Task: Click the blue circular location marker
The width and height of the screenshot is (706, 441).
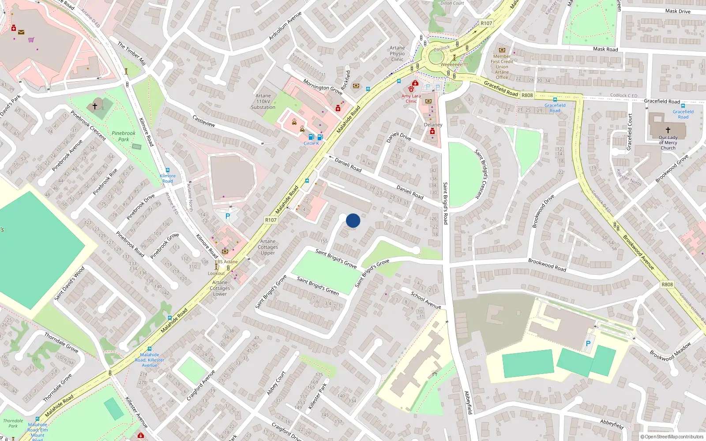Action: pyautogui.click(x=353, y=220)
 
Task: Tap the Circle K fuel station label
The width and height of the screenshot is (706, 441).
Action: pyautogui.click(x=311, y=143)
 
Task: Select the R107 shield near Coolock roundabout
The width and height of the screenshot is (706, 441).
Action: pyautogui.click(x=486, y=23)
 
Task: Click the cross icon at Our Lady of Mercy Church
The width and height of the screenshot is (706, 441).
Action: pyautogui.click(x=668, y=130)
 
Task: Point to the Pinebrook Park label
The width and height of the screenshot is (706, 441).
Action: pyautogui.click(x=124, y=136)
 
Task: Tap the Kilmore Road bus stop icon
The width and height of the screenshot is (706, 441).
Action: pyautogui.click(x=168, y=170)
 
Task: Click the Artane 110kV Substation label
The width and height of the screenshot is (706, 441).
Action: pyautogui.click(x=263, y=101)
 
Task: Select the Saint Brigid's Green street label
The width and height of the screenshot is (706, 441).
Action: pyautogui.click(x=318, y=286)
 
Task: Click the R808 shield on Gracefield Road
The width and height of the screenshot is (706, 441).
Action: pyautogui.click(x=527, y=95)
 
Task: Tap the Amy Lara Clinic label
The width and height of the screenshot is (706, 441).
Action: pyautogui.click(x=411, y=98)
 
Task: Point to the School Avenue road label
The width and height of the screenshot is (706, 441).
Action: pyautogui.click(x=426, y=300)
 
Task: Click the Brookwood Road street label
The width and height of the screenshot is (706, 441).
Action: pyautogui.click(x=547, y=265)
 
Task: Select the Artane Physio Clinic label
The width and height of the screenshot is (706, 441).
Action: pyautogui.click(x=397, y=54)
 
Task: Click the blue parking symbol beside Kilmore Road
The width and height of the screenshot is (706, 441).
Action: pyautogui.click(x=228, y=216)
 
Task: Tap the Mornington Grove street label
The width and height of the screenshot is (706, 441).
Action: pyautogui.click(x=323, y=87)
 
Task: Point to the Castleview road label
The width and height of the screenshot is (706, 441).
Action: pyautogui.click(x=204, y=121)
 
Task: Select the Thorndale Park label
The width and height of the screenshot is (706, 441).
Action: pyautogui.click(x=13, y=423)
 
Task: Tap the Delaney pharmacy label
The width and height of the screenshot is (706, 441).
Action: pyautogui.click(x=433, y=125)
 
